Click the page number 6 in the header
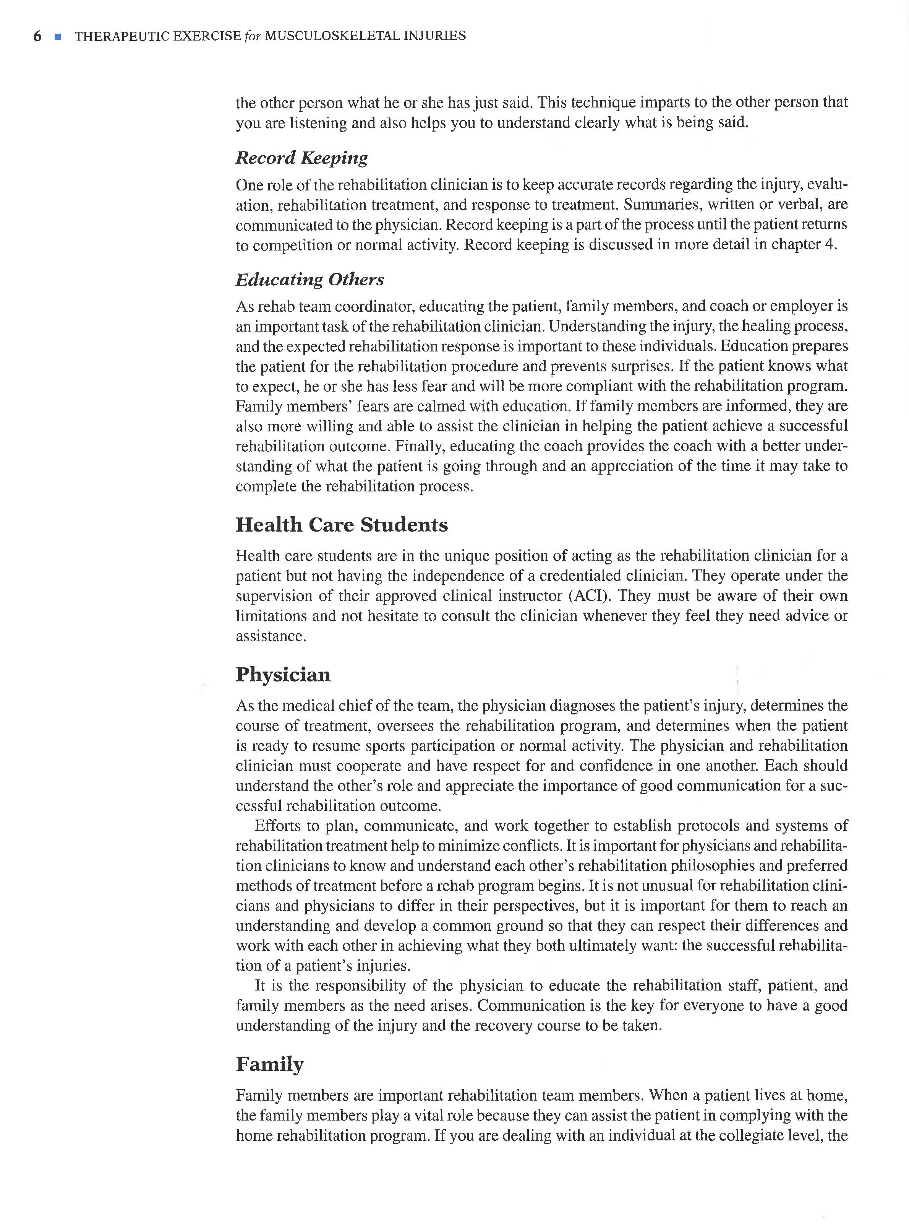coord(37,36)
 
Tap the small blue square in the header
coord(57,37)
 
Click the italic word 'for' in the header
coord(253,36)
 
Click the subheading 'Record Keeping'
coord(301,158)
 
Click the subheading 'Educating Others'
coord(310,280)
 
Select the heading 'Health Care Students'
coord(342,525)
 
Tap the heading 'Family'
coord(270,1064)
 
